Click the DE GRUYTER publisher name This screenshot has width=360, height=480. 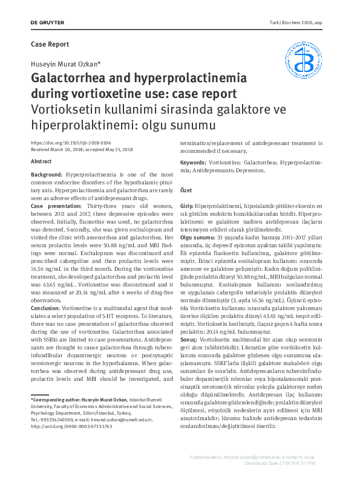(47, 23)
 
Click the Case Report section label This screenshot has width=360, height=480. (50, 44)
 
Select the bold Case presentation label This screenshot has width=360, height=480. (57, 206)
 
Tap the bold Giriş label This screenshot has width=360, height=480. (186, 207)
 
